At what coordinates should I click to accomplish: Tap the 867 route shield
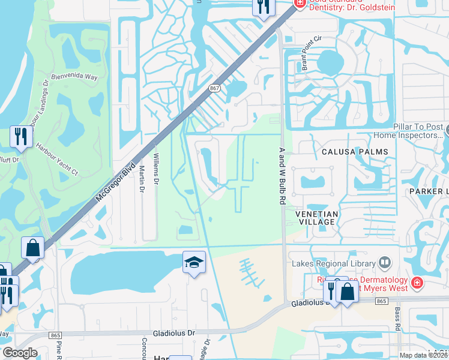pyautogui.click(x=214, y=88)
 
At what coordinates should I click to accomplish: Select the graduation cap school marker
pyautogui.click(x=194, y=262)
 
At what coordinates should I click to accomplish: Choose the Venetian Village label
pyautogui.click(x=317, y=218)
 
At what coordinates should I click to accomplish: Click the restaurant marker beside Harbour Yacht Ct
pyautogui.click(x=20, y=136)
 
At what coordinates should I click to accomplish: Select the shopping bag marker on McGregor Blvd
pyautogui.click(x=32, y=248)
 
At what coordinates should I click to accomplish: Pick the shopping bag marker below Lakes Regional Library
pyautogui.click(x=347, y=292)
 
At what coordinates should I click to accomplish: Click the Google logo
pyautogui.click(x=20, y=353)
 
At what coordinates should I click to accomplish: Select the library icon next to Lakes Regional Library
pyautogui.click(x=384, y=263)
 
